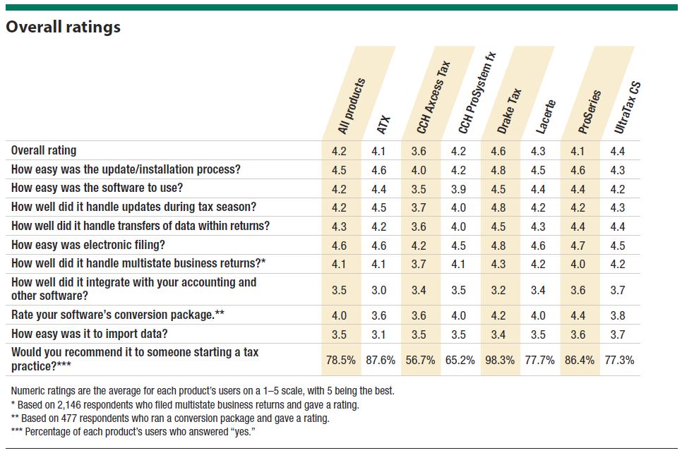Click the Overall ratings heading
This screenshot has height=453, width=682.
pos(63,28)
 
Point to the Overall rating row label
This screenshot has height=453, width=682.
pos(44,150)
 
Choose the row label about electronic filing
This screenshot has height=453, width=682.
pos(88,246)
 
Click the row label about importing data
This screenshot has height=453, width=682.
pos(90,333)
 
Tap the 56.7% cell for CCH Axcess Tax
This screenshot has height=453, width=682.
pos(421,360)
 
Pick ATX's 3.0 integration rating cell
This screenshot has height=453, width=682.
pos(381,289)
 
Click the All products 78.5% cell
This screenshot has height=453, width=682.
pos(340,360)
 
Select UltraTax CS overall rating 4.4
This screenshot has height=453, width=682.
pos(618,151)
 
